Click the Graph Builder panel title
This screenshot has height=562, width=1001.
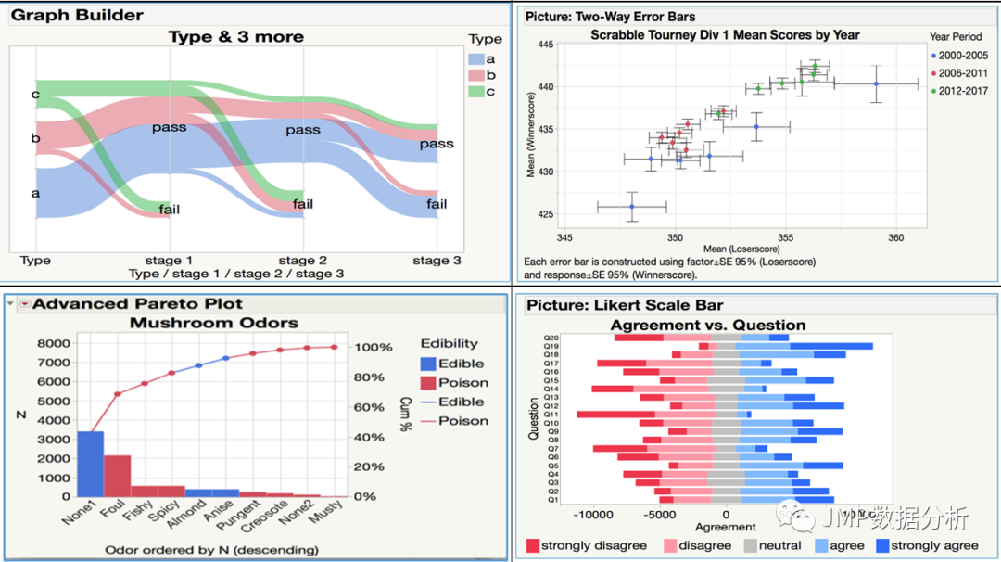tap(78, 15)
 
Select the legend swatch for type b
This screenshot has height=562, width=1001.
tap(475, 74)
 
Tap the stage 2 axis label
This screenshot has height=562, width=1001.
tap(302, 261)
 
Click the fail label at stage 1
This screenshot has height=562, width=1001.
tap(169, 210)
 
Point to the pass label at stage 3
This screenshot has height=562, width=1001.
tap(436, 144)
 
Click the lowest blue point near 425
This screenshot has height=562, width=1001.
tap(632, 207)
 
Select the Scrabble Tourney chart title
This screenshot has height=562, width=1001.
tap(725, 35)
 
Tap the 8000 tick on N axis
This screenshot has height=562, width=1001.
tap(54, 343)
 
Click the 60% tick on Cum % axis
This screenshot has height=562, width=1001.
tap(367, 407)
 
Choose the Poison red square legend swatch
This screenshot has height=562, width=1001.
tap(428, 382)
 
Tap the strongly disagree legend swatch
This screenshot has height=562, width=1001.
tap(532, 545)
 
